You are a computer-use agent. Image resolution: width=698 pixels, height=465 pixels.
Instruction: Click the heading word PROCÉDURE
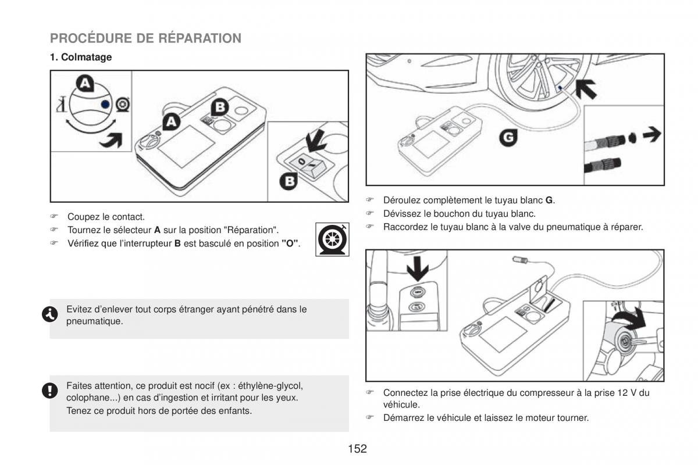pos(91,38)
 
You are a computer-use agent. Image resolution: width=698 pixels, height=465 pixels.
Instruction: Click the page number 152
pos(357,449)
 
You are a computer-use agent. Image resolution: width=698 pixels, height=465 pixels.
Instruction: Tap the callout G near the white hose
pos(508,138)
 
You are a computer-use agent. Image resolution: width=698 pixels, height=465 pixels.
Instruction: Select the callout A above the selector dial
pos(86,84)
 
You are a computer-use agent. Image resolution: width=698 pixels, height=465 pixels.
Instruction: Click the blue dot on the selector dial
pos(106,105)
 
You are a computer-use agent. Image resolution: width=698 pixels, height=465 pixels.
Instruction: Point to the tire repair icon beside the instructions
pos(332,239)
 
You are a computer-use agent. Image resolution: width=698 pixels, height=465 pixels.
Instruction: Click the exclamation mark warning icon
pos(50,390)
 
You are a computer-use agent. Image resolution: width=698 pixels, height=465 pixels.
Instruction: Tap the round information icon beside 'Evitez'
pos(50,314)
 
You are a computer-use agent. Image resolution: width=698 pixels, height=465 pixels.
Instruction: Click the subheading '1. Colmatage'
pos(81,57)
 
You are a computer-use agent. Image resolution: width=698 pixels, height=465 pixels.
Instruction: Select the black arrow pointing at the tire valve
pos(586,89)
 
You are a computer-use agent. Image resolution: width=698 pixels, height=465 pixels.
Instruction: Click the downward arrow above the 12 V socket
pos(418,269)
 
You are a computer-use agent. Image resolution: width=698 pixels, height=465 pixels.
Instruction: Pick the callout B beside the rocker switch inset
pos(289,181)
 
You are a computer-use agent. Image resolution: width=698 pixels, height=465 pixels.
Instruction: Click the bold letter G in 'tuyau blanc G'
pos(549,201)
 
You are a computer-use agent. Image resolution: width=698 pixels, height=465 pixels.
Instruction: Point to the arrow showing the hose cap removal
pos(652,134)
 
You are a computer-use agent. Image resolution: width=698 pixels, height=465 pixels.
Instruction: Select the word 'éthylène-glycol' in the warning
pos(270,386)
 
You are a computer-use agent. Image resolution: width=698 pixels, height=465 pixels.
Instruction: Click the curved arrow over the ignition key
pos(629,319)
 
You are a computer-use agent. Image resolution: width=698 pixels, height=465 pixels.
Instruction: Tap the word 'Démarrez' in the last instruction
pos(404,418)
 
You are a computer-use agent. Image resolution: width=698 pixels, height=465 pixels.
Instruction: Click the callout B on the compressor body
pos(220,108)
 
